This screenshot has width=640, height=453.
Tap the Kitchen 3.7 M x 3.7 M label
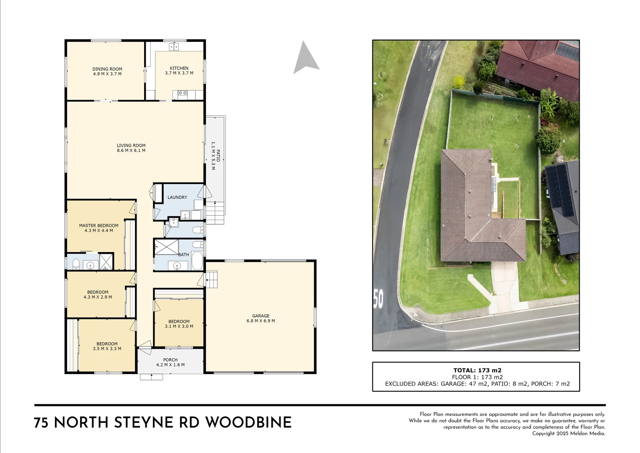[x=179, y=70]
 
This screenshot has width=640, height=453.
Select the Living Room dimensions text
[x=131, y=151]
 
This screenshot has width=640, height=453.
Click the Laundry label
[x=177, y=197]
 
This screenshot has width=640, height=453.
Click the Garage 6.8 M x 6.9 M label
[x=261, y=318]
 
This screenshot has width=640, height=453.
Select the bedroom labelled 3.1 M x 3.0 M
[x=179, y=324]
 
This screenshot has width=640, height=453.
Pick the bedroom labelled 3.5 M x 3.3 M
[x=107, y=346]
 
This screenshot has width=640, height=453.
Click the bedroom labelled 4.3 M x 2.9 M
[x=98, y=294]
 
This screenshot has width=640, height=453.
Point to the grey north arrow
[x=306, y=58]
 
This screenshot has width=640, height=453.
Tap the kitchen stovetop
[x=182, y=93]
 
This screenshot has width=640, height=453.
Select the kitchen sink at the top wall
[x=174, y=46]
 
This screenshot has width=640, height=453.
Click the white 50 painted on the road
[x=378, y=298]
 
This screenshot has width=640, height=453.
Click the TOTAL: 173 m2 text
[x=477, y=370]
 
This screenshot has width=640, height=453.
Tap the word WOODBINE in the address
[x=248, y=422]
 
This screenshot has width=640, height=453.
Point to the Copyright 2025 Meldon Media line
[x=568, y=433]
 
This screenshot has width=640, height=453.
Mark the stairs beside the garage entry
[x=212, y=280]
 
